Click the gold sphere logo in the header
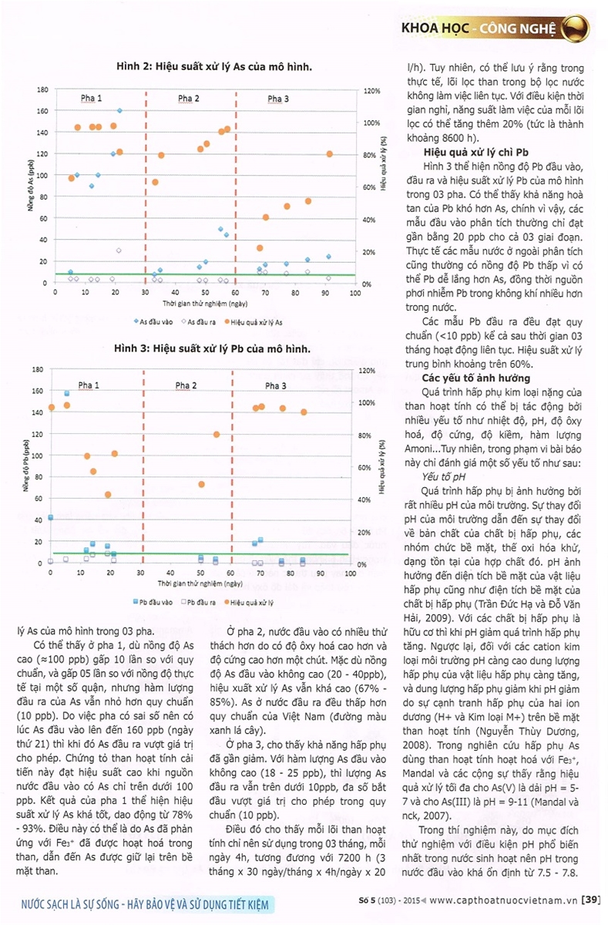(x=575, y=28)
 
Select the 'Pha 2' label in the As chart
(x=188, y=99)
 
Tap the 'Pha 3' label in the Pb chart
(x=275, y=385)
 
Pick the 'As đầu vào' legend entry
(x=153, y=321)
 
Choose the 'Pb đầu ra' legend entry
(x=198, y=602)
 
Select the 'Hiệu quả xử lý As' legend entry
(x=253, y=322)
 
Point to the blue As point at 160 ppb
(x=119, y=111)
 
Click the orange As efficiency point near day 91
(x=329, y=154)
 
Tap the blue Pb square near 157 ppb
(x=67, y=393)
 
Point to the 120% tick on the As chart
(x=371, y=91)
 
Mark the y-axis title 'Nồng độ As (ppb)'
(x=31, y=186)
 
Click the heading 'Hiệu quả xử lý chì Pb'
(x=476, y=153)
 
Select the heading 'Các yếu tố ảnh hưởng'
(x=476, y=378)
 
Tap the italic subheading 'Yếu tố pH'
(x=443, y=477)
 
